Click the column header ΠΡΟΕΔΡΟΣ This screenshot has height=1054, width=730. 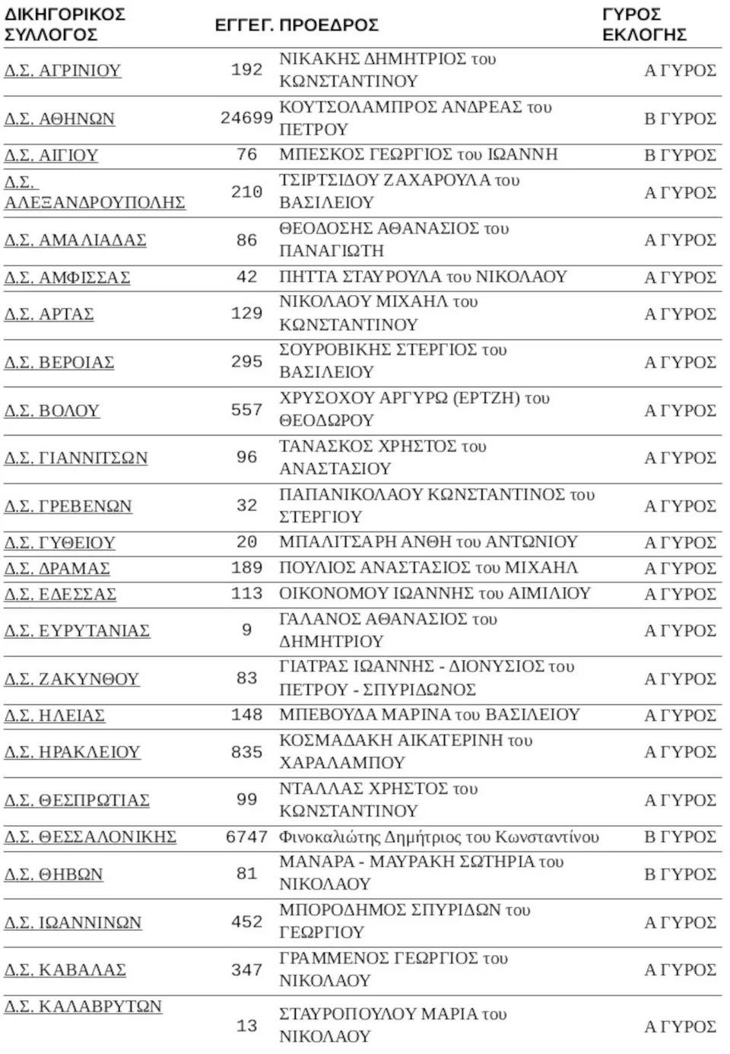point(328,25)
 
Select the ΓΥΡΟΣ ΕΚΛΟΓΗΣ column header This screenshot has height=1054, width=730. point(644,25)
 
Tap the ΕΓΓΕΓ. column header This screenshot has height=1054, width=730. point(243,25)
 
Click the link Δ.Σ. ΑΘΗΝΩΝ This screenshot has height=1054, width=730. point(59,119)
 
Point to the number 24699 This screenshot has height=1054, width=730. point(246,118)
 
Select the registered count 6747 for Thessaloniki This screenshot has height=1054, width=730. point(246,837)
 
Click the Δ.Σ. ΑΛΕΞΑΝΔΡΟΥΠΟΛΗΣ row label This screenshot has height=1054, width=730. point(94,193)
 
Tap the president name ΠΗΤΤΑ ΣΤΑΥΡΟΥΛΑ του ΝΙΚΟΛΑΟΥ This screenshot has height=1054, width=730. point(423,277)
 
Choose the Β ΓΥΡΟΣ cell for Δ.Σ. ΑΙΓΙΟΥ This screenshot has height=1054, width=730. point(680,155)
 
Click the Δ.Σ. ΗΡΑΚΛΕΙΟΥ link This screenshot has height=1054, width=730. point(72,752)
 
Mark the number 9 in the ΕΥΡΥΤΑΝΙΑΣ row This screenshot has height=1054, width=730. point(246,630)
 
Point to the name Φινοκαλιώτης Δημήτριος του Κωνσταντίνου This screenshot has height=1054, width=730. point(439,837)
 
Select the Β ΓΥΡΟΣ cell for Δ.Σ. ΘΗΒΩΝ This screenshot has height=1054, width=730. point(680,875)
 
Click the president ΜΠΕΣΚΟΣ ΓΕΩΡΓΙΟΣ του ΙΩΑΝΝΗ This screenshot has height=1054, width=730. point(418,154)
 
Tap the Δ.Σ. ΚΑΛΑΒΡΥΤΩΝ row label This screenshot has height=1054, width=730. point(83,1007)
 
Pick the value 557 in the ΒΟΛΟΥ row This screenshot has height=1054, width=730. point(246,410)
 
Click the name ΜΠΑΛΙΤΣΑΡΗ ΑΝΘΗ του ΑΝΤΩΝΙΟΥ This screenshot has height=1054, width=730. point(428,542)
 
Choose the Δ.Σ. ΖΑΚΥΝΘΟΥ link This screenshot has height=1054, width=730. point(71,679)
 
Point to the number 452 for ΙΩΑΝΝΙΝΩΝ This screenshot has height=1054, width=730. point(246,922)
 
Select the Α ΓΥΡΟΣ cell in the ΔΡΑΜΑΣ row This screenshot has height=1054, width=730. point(680,568)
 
